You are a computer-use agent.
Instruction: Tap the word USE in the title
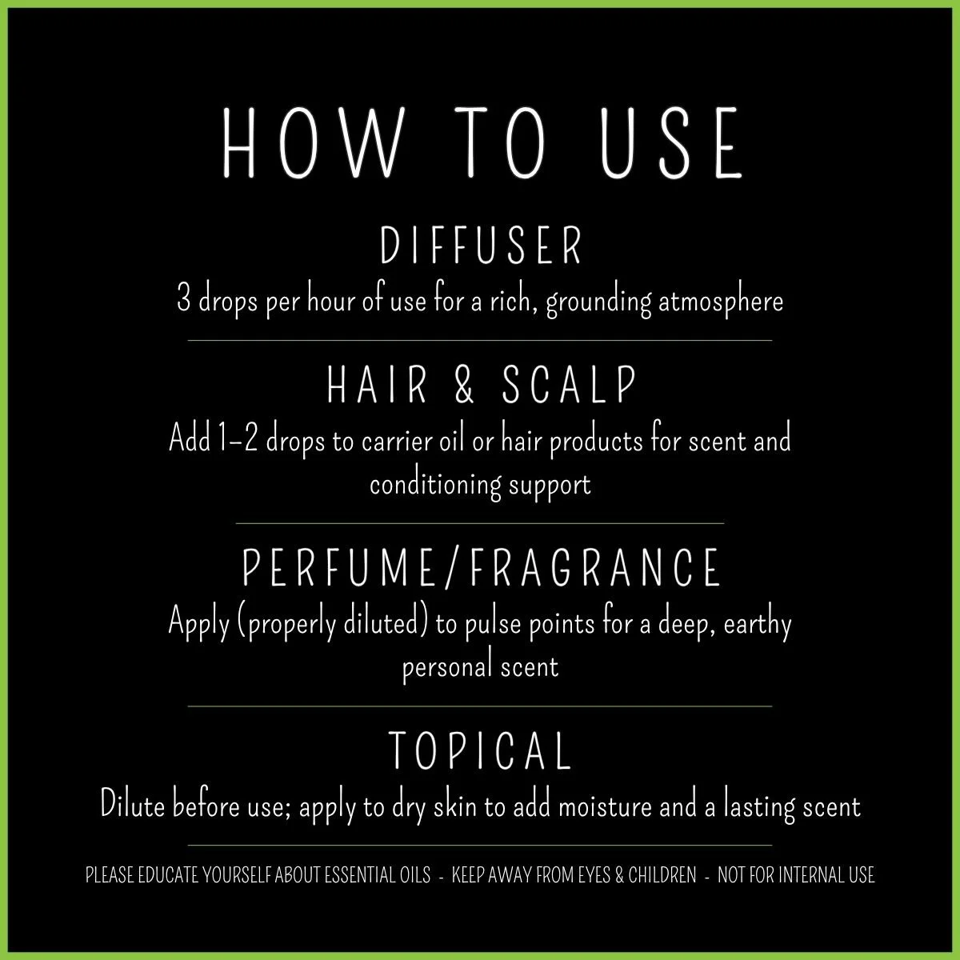pyautogui.click(x=671, y=144)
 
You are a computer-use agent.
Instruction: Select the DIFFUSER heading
pyautogui.click(x=480, y=246)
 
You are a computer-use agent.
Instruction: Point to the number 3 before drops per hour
pyautogui.click(x=183, y=302)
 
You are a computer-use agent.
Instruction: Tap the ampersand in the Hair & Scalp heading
pyautogui.click(x=465, y=385)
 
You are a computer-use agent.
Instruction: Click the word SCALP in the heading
pyautogui.click(x=570, y=385)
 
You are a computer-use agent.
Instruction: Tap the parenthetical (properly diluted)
pyautogui.click(x=334, y=623)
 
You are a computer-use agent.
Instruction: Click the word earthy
pyautogui.click(x=757, y=623)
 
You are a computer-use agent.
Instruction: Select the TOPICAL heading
pyautogui.click(x=480, y=750)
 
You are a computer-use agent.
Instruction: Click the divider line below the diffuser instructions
pyautogui.click(x=480, y=341)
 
